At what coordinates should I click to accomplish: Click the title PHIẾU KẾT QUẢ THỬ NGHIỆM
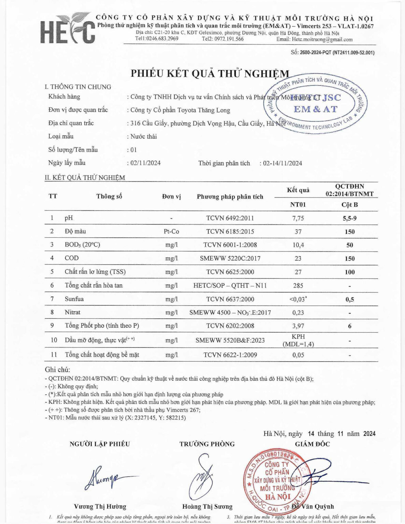pyautogui.click(x=210, y=74)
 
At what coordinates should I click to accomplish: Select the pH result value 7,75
pyautogui.click(x=298, y=218)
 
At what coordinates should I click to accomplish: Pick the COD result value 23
pyautogui.click(x=298, y=259)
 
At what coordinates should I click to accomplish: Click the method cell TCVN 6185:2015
pyautogui.click(x=230, y=232)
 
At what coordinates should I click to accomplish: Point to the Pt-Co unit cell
pyautogui.click(x=171, y=232)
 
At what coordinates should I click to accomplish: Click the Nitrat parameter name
pyautogui.click(x=73, y=312)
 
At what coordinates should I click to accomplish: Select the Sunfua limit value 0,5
pyautogui.click(x=350, y=300)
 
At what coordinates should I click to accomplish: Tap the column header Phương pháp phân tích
pyautogui.click(x=230, y=197)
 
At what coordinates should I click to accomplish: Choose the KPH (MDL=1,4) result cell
pyautogui.click(x=298, y=340)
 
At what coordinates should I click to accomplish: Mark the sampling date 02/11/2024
pyautogui.click(x=145, y=163)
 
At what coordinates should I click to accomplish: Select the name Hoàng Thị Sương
pyautogui.click(x=207, y=507)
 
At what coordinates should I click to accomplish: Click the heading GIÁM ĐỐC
pyautogui.click(x=312, y=444)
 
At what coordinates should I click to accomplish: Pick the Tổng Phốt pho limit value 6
pyautogui.click(x=350, y=326)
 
